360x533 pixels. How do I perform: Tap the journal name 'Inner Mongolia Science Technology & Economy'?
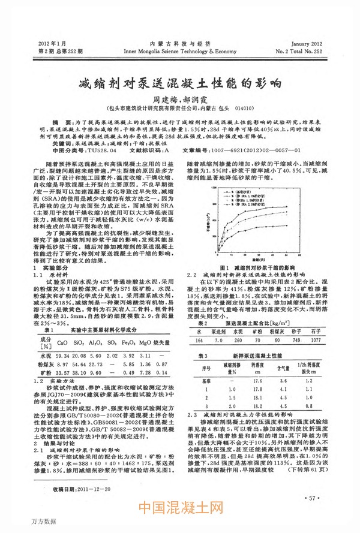180,51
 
